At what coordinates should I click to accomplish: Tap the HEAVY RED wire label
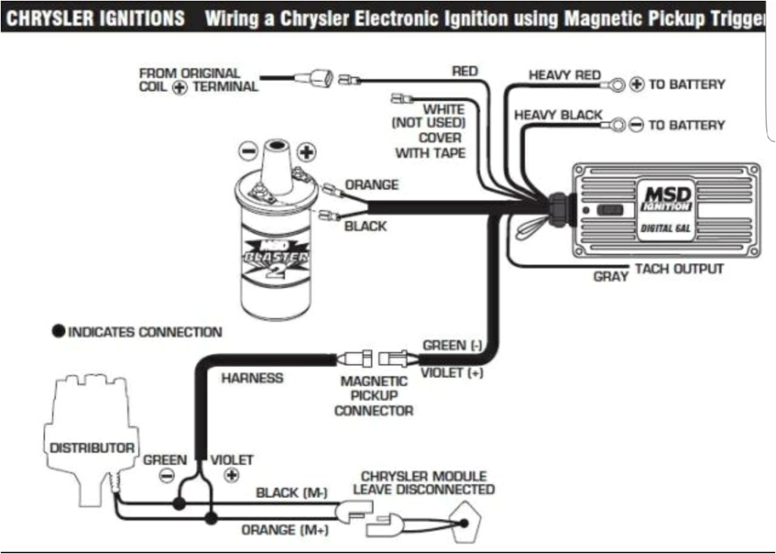565,75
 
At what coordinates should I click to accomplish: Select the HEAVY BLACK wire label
559,115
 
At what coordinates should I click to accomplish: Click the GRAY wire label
611,277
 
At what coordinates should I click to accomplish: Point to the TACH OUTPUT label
679,269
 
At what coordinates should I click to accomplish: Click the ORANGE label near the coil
371,185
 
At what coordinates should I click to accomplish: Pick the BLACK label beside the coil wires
365,226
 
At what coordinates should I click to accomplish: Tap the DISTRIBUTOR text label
92,448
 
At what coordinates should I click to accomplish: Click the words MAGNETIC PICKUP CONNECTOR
374,396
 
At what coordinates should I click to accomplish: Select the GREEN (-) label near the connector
452,346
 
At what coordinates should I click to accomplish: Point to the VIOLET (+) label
452,373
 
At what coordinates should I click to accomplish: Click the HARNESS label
252,378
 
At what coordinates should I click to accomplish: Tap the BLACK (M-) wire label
292,493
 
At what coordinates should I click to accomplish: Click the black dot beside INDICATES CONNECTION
58,332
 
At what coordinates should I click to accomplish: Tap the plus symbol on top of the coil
305,152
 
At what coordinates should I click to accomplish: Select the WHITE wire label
444,109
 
